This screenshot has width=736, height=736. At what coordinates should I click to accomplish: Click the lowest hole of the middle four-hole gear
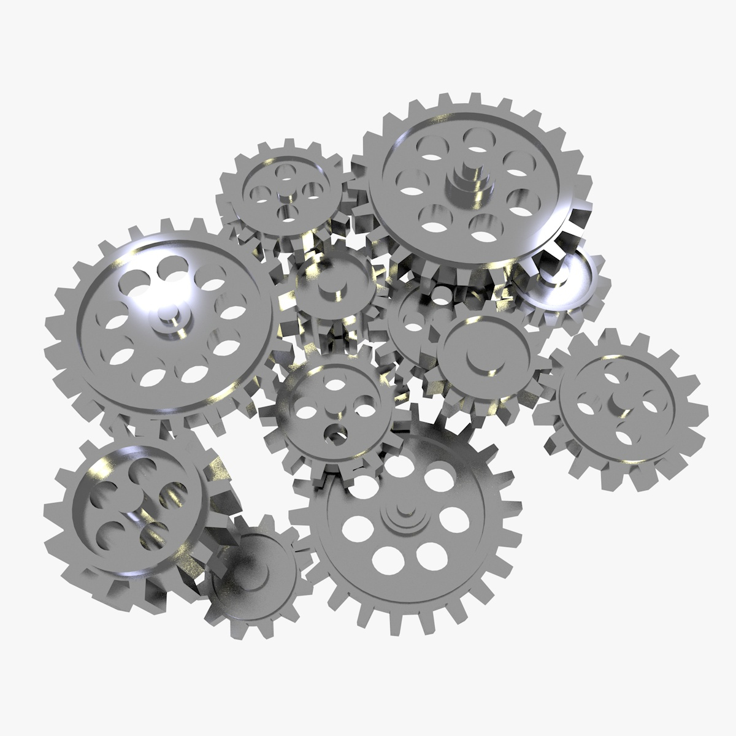click(x=335, y=433)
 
